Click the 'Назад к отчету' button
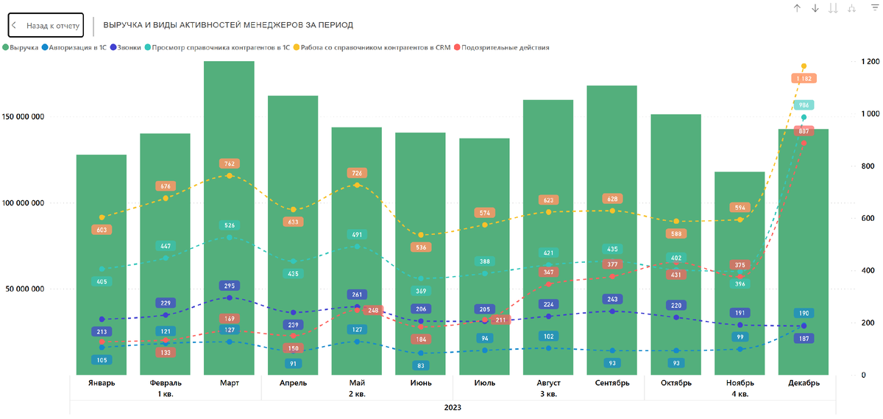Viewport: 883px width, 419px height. (x=46, y=25)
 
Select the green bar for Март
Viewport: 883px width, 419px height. (x=229, y=221)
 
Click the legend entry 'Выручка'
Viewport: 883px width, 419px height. (x=24, y=47)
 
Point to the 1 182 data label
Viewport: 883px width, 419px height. (x=804, y=78)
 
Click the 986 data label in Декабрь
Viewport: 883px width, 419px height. (x=804, y=105)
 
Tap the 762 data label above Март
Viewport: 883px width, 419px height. (x=229, y=163)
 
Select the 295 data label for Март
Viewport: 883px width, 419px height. (x=229, y=286)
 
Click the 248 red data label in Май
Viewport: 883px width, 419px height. (x=373, y=311)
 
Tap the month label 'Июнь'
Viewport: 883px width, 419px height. (x=421, y=383)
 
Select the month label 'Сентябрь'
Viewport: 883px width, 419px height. (x=612, y=383)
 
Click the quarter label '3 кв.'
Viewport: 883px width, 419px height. (x=549, y=394)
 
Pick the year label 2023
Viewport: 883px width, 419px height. (x=453, y=406)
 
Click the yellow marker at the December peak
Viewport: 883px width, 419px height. (x=804, y=66)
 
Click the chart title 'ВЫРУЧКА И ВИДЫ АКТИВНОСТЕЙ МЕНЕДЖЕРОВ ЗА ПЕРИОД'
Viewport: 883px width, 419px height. (x=228, y=25)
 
